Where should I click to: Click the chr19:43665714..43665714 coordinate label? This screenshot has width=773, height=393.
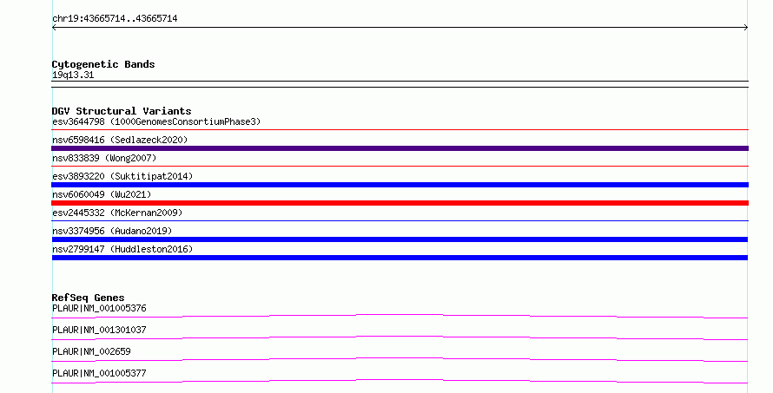pyautogui.click(x=115, y=19)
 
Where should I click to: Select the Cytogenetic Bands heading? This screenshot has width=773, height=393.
pyautogui.click(x=103, y=64)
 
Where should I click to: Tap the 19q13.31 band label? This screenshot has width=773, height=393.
pyautogui.click(x=73, y=75)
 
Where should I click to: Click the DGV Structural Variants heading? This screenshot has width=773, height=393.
pyautogui.click(x=122, y=111)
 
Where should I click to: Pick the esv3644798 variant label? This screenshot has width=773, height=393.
pyautogui.click(x=78, y=121)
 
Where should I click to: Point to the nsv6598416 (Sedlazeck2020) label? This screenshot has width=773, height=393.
pyautogui.click(x=120, y=140)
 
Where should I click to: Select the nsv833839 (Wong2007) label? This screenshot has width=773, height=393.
pyautogui.click(x=104, y=158)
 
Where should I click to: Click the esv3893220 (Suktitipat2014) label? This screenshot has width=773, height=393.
pyautogui.click(x=122, y=176)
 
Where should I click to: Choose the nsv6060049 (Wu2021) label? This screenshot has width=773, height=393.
pyautogui.click(x=102, y=194)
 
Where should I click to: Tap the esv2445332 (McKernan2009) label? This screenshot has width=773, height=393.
pyautogui.click(x=117, y=213)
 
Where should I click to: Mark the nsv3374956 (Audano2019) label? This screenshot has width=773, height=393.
pyautogui.click(x=112, y=231)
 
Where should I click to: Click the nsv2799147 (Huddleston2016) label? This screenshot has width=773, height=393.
pyautogui.click(x=122, y=249)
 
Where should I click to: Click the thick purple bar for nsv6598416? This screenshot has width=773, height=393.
pyautogui.click(x=400, y=148)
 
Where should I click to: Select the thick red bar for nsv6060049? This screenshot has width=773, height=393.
pyautogui.click(x=400, y=203)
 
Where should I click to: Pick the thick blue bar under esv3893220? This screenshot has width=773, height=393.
pyautogui.click(x=400, y=185)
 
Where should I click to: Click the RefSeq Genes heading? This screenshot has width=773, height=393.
pyautogui.click(x=88, y=298)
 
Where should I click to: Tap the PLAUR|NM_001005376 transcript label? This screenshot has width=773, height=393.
pyautogui.click(x=99, y=308)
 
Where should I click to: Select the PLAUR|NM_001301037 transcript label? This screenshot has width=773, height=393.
pyautogui.click(x=99, y=330)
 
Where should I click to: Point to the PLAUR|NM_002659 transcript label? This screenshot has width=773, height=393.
pyautogui.click(x=91, y=351)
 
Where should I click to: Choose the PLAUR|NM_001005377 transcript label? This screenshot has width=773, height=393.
pyautogui.click(x=99, y=373)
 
